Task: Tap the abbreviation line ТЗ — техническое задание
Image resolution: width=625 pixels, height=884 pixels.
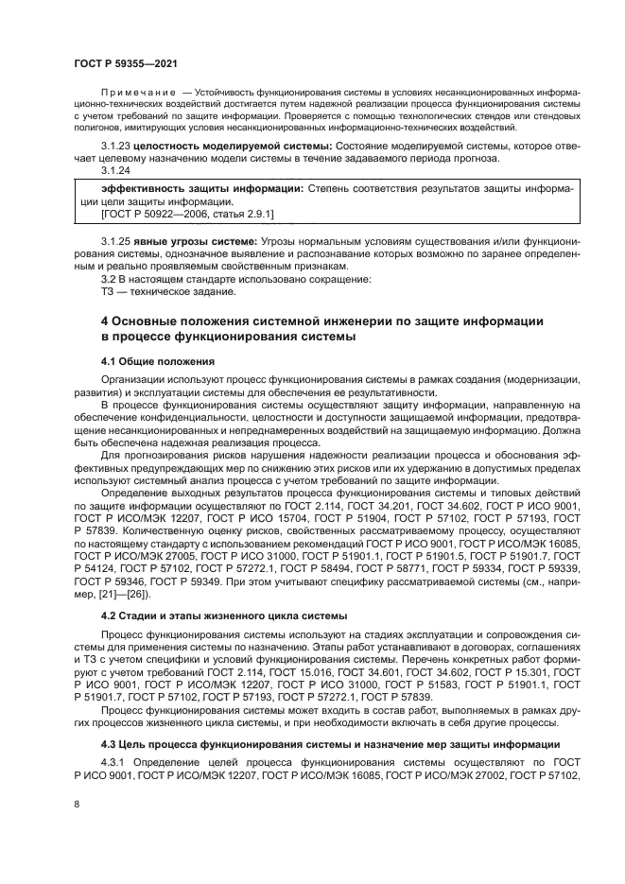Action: point(155,292)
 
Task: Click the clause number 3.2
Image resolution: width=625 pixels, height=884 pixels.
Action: point(108,279)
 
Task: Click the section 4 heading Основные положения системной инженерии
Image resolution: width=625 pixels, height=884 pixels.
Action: point(321,321)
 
